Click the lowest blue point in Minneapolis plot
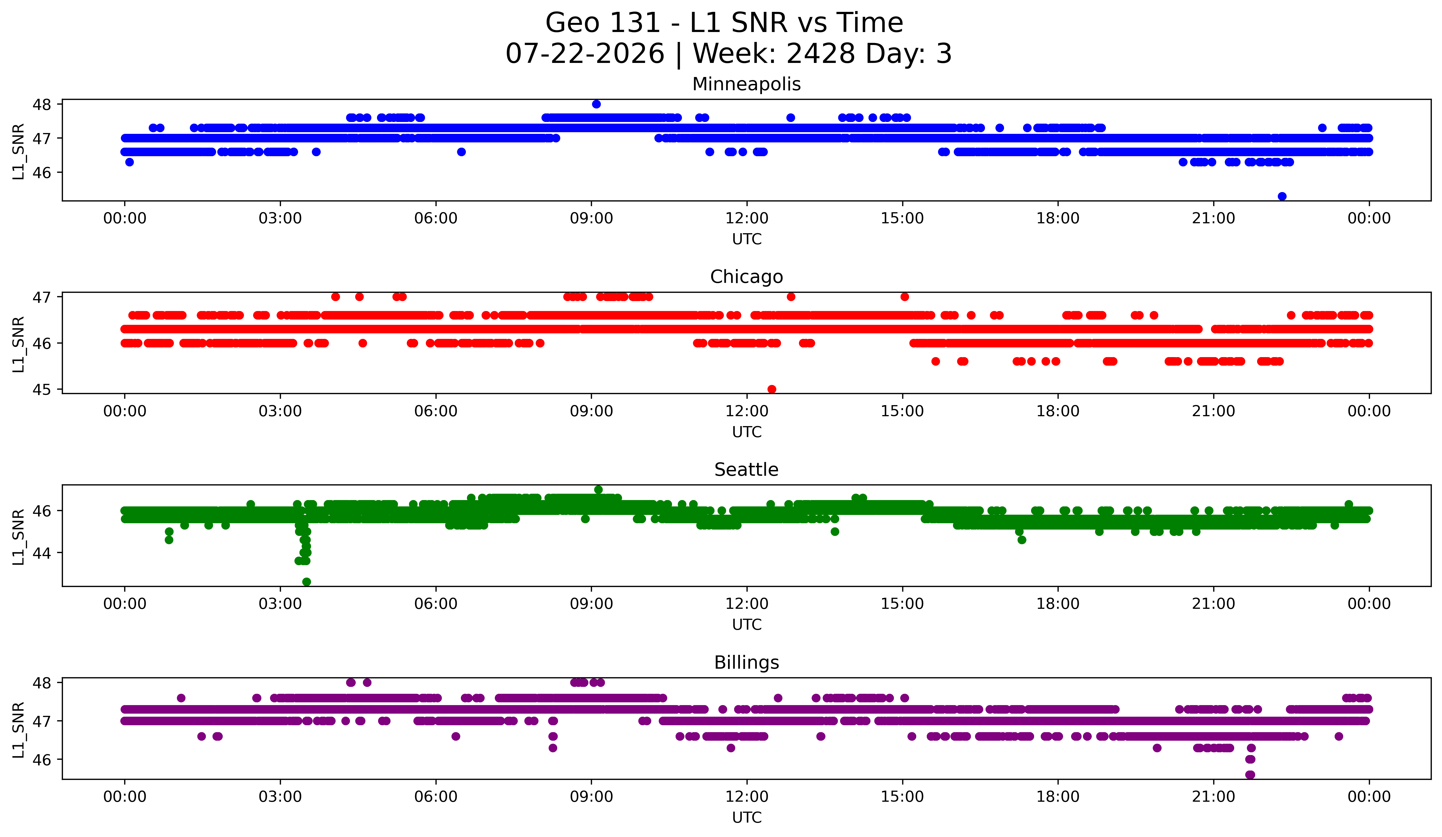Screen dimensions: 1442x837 pyautogui.click(x=1282, y=196)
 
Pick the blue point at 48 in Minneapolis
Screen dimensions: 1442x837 pyautogui.click(x=596, y=104)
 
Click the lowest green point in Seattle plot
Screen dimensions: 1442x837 pyautogui.click(x=307, y=582)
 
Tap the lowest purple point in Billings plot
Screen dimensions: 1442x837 pyautogui.click(x=1250, y=775)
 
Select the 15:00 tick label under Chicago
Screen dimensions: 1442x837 pyautogui.click(x=902, y=411)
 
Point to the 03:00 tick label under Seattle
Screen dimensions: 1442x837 pyautogui.click(x=280, y=604)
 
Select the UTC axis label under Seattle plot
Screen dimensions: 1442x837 pyautogui.click(x=747, y=625)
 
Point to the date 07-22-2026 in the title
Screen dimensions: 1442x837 pyautogui.click(x=585, y=54)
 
